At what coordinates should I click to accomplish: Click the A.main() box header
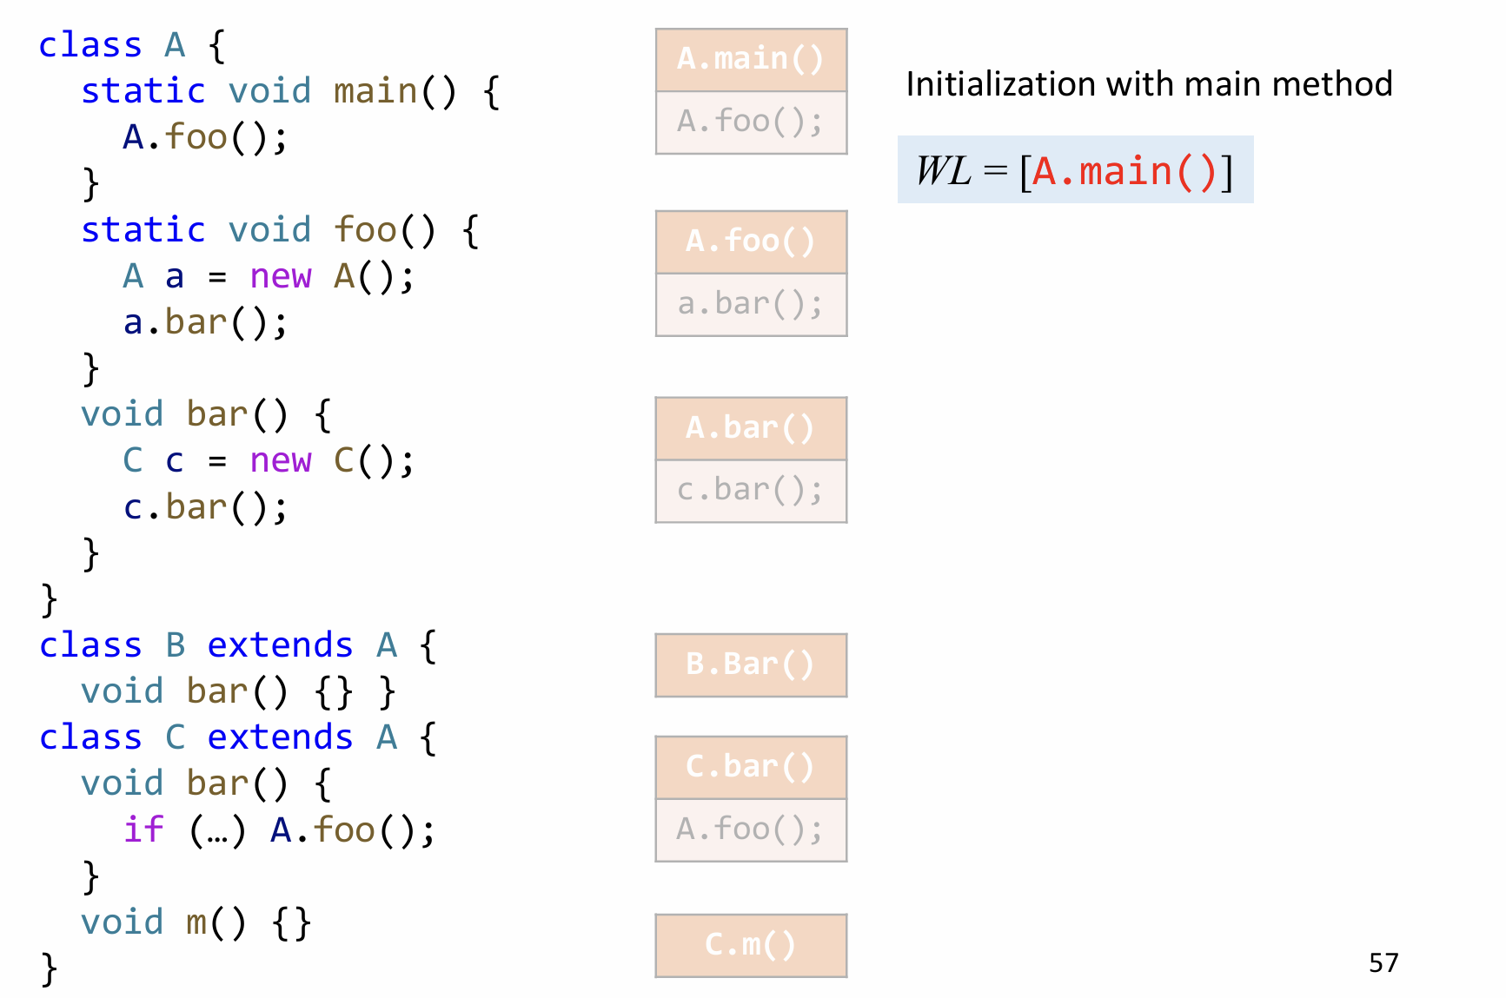tap(751, 59)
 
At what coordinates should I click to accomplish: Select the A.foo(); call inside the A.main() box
tap(751, 122)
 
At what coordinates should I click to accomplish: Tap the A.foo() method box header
tap(751, 241)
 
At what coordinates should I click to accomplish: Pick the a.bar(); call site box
tap(751, 304)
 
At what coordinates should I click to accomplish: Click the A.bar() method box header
tap(751, 428)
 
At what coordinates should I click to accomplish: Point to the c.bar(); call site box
tap(751, 491)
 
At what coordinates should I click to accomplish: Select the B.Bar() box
tap(751, 664)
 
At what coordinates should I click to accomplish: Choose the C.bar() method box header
tap(751, 767)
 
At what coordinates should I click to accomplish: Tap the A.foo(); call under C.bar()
tap(751, 829)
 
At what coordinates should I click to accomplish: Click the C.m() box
tap(751, 945)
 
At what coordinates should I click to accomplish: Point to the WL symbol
tap(944, 171)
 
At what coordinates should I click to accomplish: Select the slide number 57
tap(1383, 962)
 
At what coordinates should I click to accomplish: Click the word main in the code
tap(375, 91)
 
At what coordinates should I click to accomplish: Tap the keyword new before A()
tap(280, 276)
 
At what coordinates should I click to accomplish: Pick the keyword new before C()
tap(280, 460)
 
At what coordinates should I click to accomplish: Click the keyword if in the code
tap(143, 829)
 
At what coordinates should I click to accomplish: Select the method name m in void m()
tap(197, 922)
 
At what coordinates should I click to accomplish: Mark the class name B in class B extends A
tap(176, 645)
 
